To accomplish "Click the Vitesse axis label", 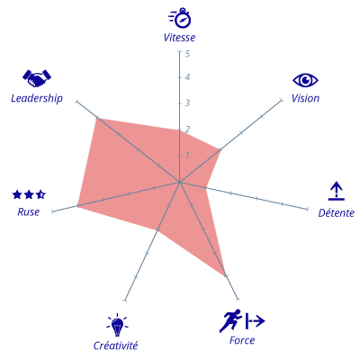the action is click(x=179, y=38).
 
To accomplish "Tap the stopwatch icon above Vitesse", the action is click(x=180, y=18).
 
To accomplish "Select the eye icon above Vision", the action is click(x=305, y=80).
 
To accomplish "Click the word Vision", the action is click(x=305, y=98).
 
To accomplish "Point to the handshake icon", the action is click(x=37, y=78).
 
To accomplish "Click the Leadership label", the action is click(x=37, y=98).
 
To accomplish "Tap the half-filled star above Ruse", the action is click(x=40, y=195).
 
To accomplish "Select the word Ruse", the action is click(x=29, y=212).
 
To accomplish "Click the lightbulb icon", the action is click(x=117, y=325).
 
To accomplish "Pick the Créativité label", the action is click(x=115, y=346).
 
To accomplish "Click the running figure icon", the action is click(x=230, y=320).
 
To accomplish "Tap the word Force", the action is click(x=242, y=340).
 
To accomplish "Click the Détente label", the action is click(x=337, y=213).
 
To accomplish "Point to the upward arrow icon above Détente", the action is click(x=337, y=191).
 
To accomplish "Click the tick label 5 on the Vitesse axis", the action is click(x=187, y=54).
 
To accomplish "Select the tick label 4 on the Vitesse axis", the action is click(x=187, y=77).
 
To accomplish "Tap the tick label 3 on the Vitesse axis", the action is click(x=187, y=103).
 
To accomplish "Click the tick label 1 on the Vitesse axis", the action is click(x=187, y=155).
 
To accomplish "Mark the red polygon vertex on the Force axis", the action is click(x=225, y=275).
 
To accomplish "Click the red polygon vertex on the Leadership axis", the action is click(x=97, y=118).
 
